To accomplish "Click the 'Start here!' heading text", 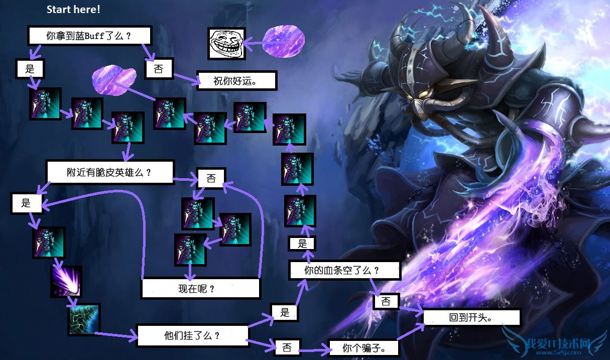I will tap(73, 10).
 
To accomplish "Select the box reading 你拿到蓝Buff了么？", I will tap(89, 36).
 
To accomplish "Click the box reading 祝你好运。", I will tap(236, 80).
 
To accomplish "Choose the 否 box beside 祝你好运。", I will tap(158, 69).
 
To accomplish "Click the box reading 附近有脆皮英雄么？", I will tap(109, 172).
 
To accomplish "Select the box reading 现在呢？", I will tap(200, 288).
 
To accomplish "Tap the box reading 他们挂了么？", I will tap(192, 335).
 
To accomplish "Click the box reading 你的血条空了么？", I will tap(345, 271).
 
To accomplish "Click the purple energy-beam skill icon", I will tap(66, 281).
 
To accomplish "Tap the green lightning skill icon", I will tap(84, 319).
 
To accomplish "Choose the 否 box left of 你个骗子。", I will tap(287, 346).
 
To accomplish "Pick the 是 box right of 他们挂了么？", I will tap(285, 312).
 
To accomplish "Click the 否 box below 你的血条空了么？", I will tap(386, 301).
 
